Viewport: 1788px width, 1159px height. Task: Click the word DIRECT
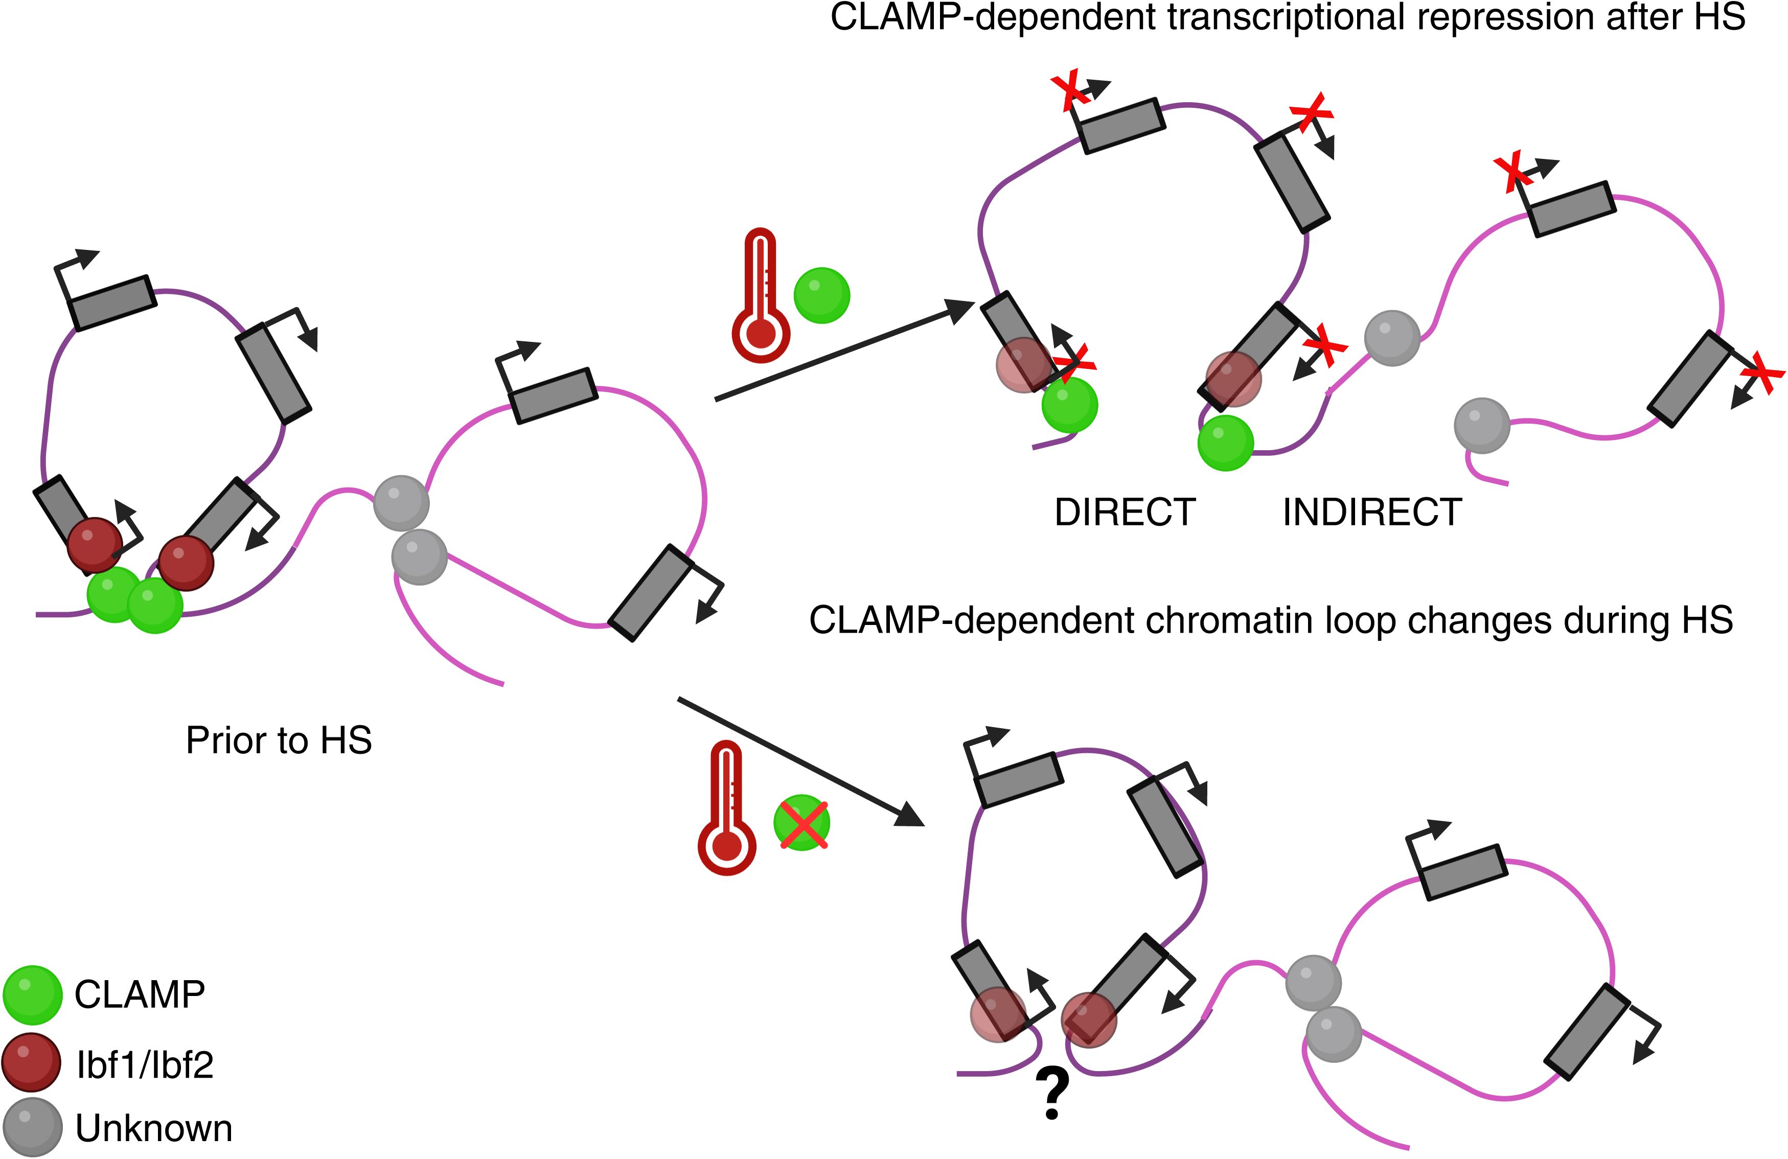point(1125,513)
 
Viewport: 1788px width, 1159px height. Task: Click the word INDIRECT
point(1372,513)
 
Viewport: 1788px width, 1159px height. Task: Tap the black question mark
point(1052,1095)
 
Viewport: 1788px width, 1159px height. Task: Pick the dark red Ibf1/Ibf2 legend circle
point(32,1062)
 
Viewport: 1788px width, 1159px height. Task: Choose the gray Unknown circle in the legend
point(32,1127)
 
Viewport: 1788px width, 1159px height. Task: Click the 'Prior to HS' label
point(279,740)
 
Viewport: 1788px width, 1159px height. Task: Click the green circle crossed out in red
point(801,823)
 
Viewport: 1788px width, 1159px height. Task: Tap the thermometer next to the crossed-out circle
point(726,808)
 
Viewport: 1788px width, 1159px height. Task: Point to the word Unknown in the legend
point(154,1128)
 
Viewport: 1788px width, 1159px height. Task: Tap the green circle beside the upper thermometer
point(822,295)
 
